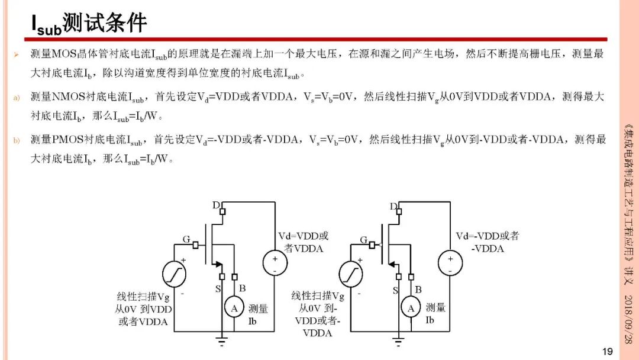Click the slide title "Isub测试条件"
click(89, 23)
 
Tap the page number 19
click(607, 352)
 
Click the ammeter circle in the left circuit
click(234, 308)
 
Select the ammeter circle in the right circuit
click(411, 308)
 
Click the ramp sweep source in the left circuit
click(174, 274)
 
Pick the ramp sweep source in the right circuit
click(351, 274)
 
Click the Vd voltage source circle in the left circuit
click(275, 263)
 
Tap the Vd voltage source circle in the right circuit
click(450, 263)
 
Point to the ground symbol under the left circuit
click(222, 340)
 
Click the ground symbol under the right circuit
click(398, 340)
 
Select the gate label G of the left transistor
click(186, 239)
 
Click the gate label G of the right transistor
click(363, 240)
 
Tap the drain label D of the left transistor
click(216, 205)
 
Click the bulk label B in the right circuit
click(418, 290)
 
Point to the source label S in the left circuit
click(218, 289)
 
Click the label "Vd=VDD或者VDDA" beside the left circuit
click(303, 242)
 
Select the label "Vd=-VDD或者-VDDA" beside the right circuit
click(488, 242)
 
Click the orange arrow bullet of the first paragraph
click(16, 54)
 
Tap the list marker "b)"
click(17, 141)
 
